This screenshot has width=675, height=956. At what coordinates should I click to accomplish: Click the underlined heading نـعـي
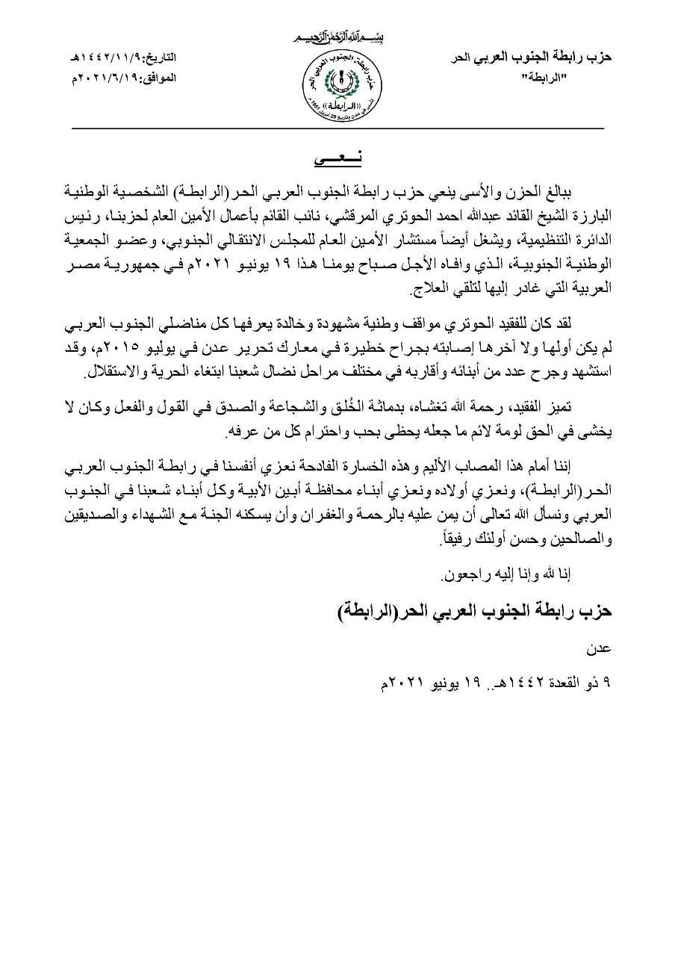(337, 160)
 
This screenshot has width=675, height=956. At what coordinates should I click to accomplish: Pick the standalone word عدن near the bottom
(601, 651)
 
